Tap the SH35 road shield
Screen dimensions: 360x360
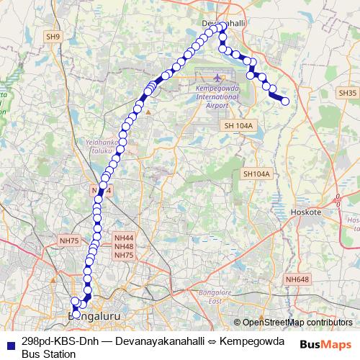pos(346,93)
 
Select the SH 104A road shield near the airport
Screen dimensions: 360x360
pos(240,126)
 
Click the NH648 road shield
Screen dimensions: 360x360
pos(297,279)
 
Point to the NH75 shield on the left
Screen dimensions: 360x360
pos(69,241)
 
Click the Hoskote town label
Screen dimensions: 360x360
pos(308,212)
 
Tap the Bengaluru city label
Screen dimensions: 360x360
pos(93,316)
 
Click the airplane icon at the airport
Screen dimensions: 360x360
pos(218,77)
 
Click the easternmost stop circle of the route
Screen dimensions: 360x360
pos(284,102)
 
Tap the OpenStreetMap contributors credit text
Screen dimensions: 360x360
pos(297,323)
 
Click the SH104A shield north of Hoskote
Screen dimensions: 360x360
pos(256,174)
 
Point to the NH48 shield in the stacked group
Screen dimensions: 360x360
pos(124,246)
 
